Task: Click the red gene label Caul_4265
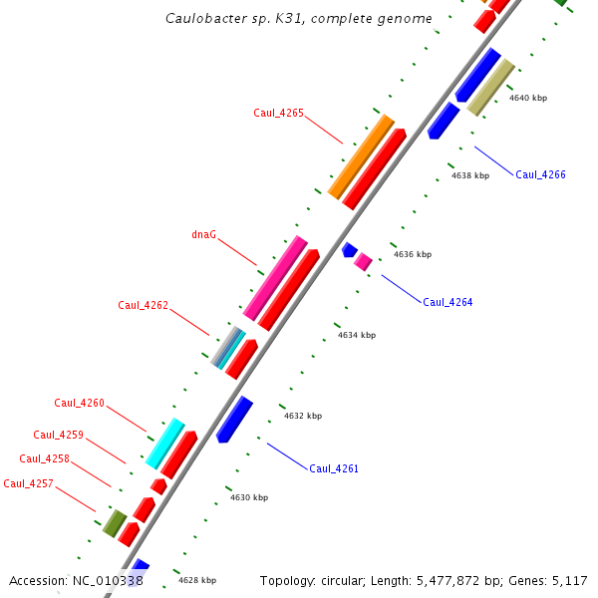coord(278,113)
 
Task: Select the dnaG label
coord(203,235)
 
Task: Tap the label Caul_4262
coord(143,305)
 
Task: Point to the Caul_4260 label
coord(79,403)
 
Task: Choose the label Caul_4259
coord(58,435)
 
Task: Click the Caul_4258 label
coord(44,457)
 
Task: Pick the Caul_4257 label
coord(28,483)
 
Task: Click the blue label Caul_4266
coord(540,174)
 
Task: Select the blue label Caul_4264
coord(448,302)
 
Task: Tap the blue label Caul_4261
coord(334,468)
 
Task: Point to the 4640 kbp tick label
coord(528,98)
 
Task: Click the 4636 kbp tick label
coord(413,254)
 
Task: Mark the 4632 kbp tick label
coord(303,416)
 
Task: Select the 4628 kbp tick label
coord(197,579)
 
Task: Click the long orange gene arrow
coord(361,155)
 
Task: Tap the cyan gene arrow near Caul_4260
coord(164,443)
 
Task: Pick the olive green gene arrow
coord(114,522)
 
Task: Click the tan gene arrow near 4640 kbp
coord(490,87)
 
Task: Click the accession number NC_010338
coord(108,580)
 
